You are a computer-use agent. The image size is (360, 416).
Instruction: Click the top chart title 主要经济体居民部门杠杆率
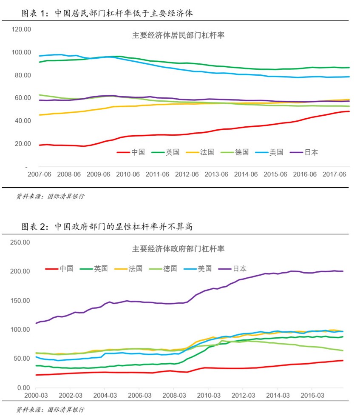coord(178,36)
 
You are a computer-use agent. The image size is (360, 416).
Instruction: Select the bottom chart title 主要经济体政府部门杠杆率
coord(178,248)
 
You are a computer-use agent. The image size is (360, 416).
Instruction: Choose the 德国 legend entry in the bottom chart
coord(170,269)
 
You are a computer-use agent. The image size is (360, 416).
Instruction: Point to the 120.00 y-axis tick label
coord(22,29)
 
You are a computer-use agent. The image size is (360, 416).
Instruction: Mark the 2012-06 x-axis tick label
coord(187,174)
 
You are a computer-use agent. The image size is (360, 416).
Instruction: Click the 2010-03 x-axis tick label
coord(208,396)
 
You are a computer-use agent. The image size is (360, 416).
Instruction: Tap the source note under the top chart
coord(50,197)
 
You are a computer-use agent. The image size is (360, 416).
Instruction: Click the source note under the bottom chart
coord(50,410)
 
